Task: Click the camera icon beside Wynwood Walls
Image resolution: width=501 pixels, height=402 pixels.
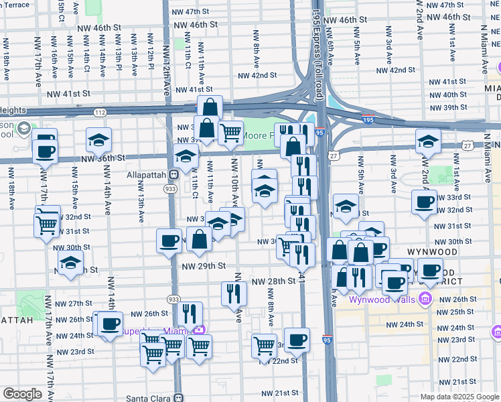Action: click(x=424, y=299)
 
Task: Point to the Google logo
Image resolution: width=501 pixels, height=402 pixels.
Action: click(x=23, y=393)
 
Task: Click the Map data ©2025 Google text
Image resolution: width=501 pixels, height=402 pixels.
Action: click(x=459, y=397)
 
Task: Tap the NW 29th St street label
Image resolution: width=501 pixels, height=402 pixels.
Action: click(x=203, y=266)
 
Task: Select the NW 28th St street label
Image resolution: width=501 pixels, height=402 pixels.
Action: click(x=273, y=281)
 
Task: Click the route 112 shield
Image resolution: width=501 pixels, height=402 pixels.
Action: click(x=99, y=112)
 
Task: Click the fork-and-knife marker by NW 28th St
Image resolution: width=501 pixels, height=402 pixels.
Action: click(x=234, y=293)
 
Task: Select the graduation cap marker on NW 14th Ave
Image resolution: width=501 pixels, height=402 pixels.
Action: click(x=98, y=141)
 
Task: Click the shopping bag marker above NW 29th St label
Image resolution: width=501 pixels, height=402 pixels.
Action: click(x=200, y=239)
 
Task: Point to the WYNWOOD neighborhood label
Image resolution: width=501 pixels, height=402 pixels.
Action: click(x=450, y=252)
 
